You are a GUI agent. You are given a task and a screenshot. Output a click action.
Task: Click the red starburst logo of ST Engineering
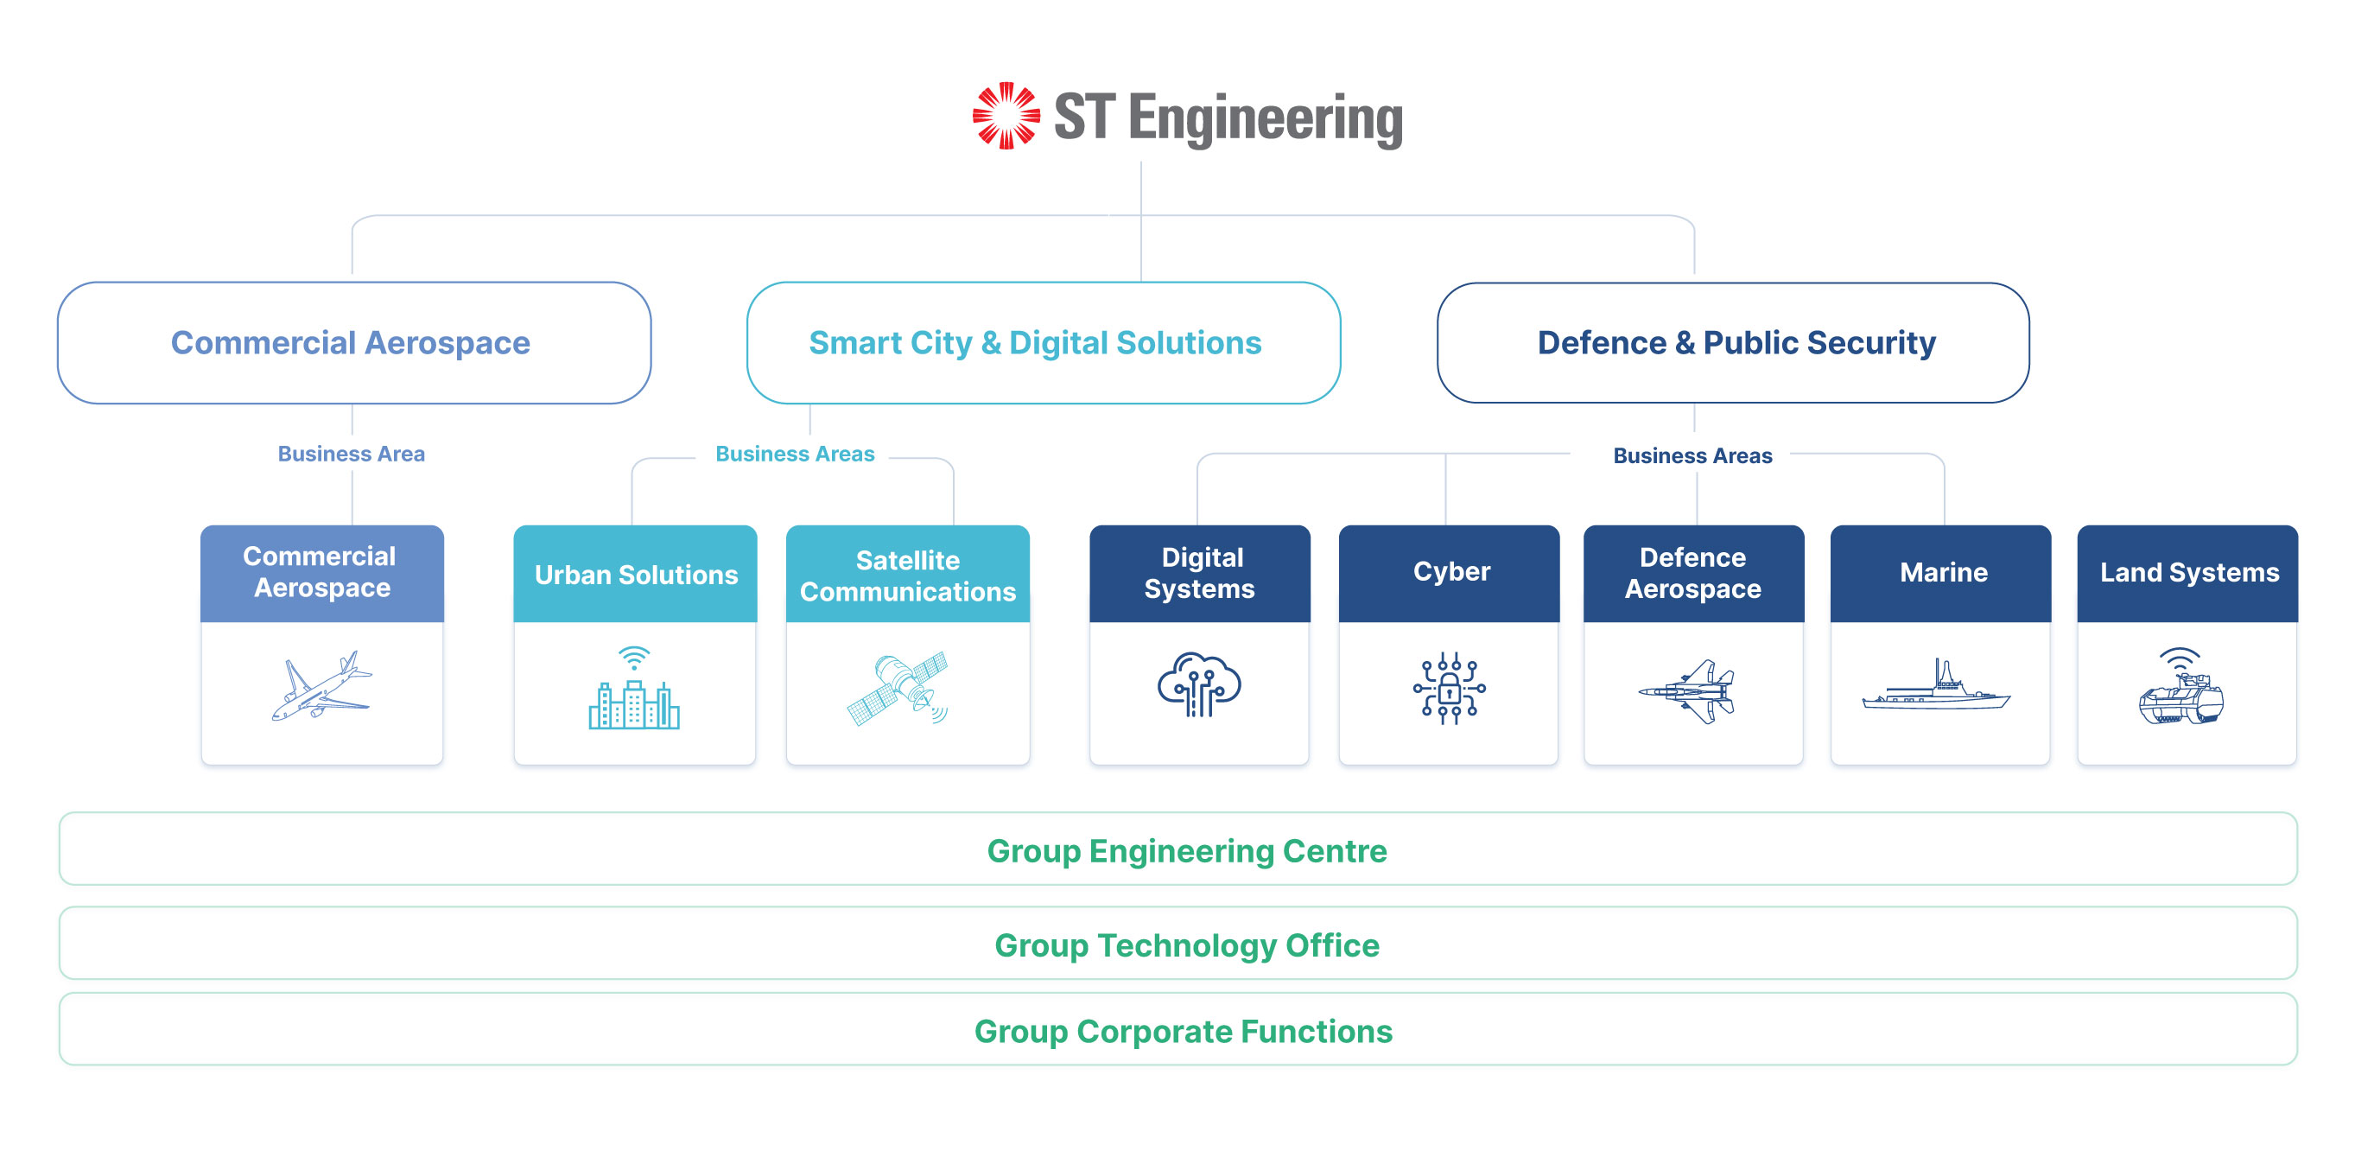(x=1006, y=116)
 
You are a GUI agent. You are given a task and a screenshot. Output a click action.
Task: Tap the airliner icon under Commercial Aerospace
(x=321, y=687)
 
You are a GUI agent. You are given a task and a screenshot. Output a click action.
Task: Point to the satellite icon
(x=898, y=689)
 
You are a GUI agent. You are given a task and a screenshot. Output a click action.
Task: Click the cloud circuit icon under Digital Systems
(x=1199, y=684)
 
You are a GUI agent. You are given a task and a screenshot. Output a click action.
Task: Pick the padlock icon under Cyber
(x=1449, y=688)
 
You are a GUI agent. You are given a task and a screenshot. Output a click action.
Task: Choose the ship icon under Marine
(x=1936, y=688)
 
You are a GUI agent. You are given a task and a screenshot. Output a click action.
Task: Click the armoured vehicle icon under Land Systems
(x=2180, y=690)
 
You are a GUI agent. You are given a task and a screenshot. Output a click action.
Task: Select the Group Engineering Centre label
(x=1186, y=850)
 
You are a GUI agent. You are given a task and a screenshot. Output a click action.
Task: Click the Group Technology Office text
(x=1186, y=945)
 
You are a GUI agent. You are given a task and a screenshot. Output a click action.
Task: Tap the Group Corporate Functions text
(x=1184, y=1031)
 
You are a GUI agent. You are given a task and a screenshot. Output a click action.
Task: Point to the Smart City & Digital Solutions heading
(x=1035, y=343)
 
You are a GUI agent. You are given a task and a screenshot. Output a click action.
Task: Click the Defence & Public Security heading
(x=1736, y=343)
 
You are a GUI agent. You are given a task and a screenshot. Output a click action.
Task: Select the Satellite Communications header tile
(x=908, y=575)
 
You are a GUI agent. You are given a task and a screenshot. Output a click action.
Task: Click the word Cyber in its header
(x=1451, y=571)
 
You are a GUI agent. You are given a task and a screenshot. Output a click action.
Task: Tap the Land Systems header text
(x=2189, y=572)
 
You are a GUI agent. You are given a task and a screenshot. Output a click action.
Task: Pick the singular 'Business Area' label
(x=351, y=454)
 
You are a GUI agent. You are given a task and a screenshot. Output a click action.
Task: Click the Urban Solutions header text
(x=636, y=575)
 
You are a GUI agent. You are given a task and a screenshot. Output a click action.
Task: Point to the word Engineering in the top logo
(x=1265, y=120)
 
